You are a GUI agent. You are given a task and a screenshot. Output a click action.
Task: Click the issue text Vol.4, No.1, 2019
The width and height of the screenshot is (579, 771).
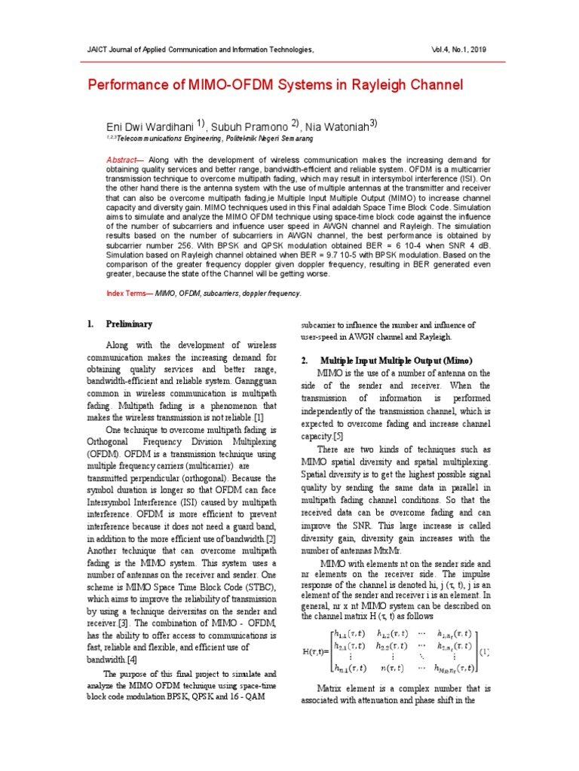coord(458,49)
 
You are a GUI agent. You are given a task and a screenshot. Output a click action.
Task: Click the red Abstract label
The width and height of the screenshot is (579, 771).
coord(121,160)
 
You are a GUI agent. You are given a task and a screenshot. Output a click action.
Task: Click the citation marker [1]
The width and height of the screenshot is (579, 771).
coord(259,417)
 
